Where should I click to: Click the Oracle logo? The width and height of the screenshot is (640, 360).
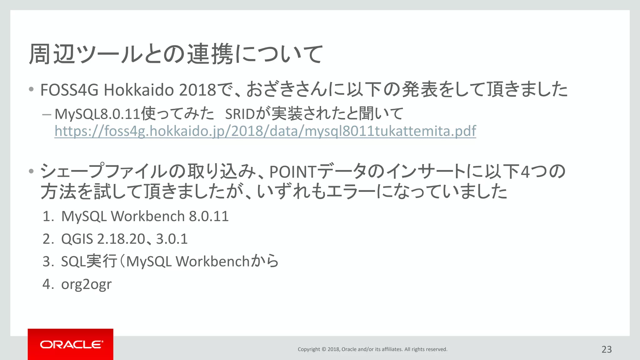click(x=71, y=344)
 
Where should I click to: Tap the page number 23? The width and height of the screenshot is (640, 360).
click(x=607, y=349)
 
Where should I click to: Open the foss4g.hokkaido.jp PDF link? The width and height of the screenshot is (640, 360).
click(x=265, y=131)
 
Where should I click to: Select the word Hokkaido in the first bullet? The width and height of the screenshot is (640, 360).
click(x=139, y=90)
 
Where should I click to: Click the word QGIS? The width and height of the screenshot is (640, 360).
click(x=77, y=239)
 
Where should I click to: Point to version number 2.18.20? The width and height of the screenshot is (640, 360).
click(x=121, y=239)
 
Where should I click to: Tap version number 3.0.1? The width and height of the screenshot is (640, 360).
click(x=172, y=239)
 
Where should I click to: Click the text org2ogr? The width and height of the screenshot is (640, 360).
click(x=86, y=284)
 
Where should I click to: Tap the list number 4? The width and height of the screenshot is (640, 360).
click(x=47, y=284)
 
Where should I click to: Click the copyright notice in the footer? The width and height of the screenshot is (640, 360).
click(x=372, y=349)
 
